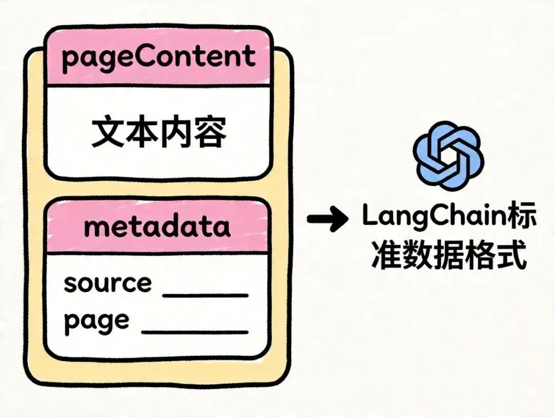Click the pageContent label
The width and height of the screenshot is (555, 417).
click(x=158, y=57)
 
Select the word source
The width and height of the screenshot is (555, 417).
click(x=107, y=283)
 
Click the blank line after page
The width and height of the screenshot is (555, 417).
click(x=195, y=332)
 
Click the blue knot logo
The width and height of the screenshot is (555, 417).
click(x=448, y=152)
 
